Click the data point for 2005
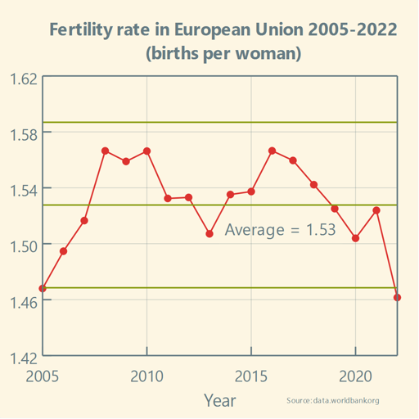click(x=43, y=288)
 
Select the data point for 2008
click(x=106, y=151)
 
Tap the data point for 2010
click(x=147, y=151)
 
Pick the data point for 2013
click(x=209, y=234)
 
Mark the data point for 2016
click(x=272, y=151)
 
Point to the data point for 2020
click(x=356, y=238)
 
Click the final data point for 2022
click(x=398, y=297)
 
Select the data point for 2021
click(x=376, y=210)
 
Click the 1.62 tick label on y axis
click(x=22, y=79)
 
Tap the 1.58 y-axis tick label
click(x=22, y=134)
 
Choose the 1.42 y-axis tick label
click(x=22, y=357)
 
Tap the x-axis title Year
click(x=219, y=400)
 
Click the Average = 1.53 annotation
click(x=280, y=230)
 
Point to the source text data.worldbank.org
click(x=334, y=401)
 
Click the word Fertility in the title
click(x=82, y=30)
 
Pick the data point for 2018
click(x=314, y=185)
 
